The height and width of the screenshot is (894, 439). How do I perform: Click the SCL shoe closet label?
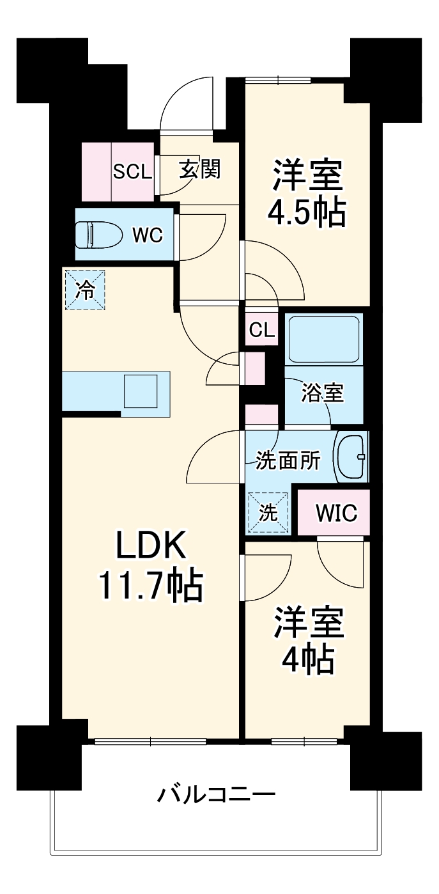pos(133,171)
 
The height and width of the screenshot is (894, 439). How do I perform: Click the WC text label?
pos(148,235)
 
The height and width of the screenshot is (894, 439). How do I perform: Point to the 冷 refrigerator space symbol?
pos(84,290)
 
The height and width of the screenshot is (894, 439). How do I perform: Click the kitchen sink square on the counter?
pos(141,391)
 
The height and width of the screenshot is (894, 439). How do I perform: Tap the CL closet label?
pos(262,331)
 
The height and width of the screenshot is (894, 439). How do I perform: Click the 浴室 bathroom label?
pos(323,393)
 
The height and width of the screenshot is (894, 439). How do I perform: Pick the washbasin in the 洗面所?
pos(351,457)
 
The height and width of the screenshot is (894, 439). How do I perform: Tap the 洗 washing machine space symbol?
pos(268,512)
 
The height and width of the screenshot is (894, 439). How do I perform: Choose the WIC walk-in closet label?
pos(336,513)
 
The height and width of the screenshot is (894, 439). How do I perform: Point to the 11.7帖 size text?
pos(150,584)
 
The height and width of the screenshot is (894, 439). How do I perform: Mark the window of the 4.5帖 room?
pos(279,80)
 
